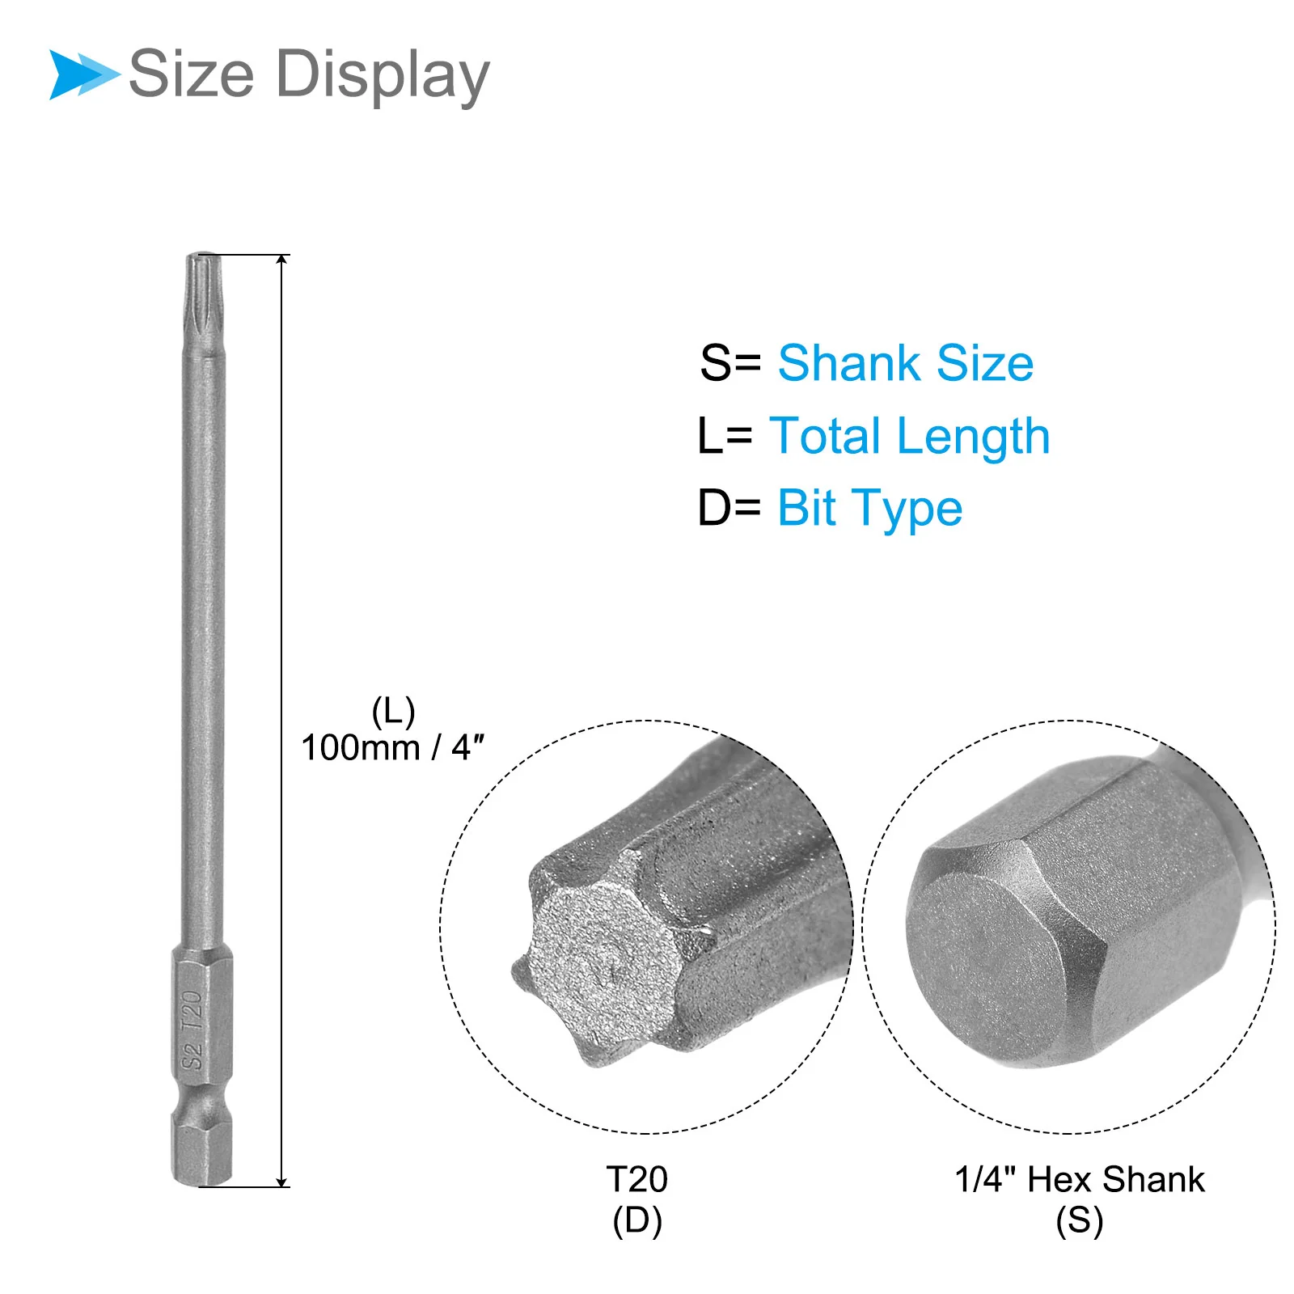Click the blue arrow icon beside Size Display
pos(84,74)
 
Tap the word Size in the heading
pos(192,74)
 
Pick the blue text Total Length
pos(910,437)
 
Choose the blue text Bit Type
pos(870,509)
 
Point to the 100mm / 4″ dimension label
pos(393,747)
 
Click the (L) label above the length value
pos(394,713)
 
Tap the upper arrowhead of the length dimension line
pos(281,260)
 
